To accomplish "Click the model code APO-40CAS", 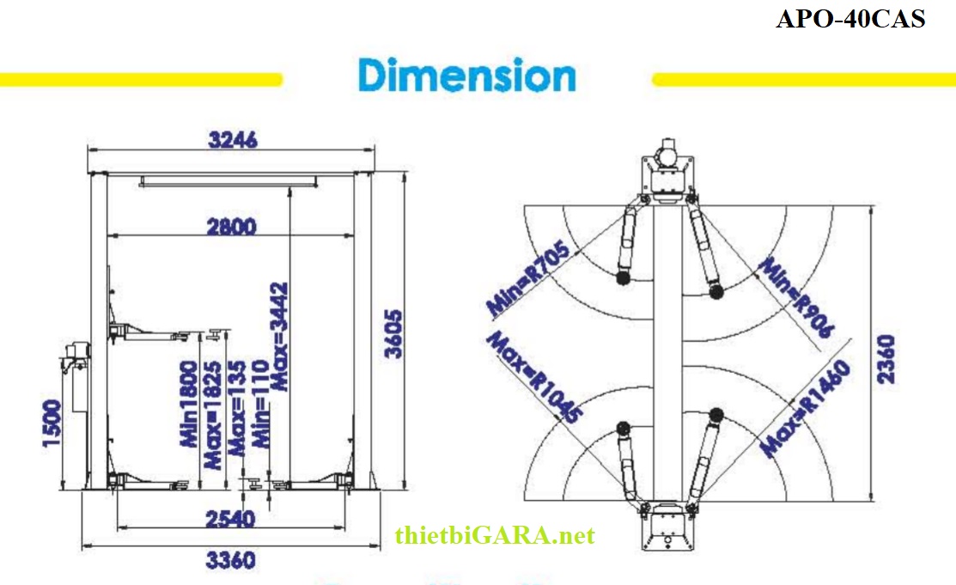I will pyautogui.click(x=850, y=19).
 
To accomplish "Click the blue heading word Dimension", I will pyautogui.click(x=467, y=76).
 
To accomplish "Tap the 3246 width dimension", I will pyautogui.click(x=231, y=140).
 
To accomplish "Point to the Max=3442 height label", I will pyautogui.click(x=281, y=337).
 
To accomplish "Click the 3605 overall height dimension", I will pyautogui.click(x=392, y=336).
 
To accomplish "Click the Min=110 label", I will pyautogui.click(x=263, y=427).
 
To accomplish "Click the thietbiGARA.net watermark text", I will pyautogui.click(x=495, y=537).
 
